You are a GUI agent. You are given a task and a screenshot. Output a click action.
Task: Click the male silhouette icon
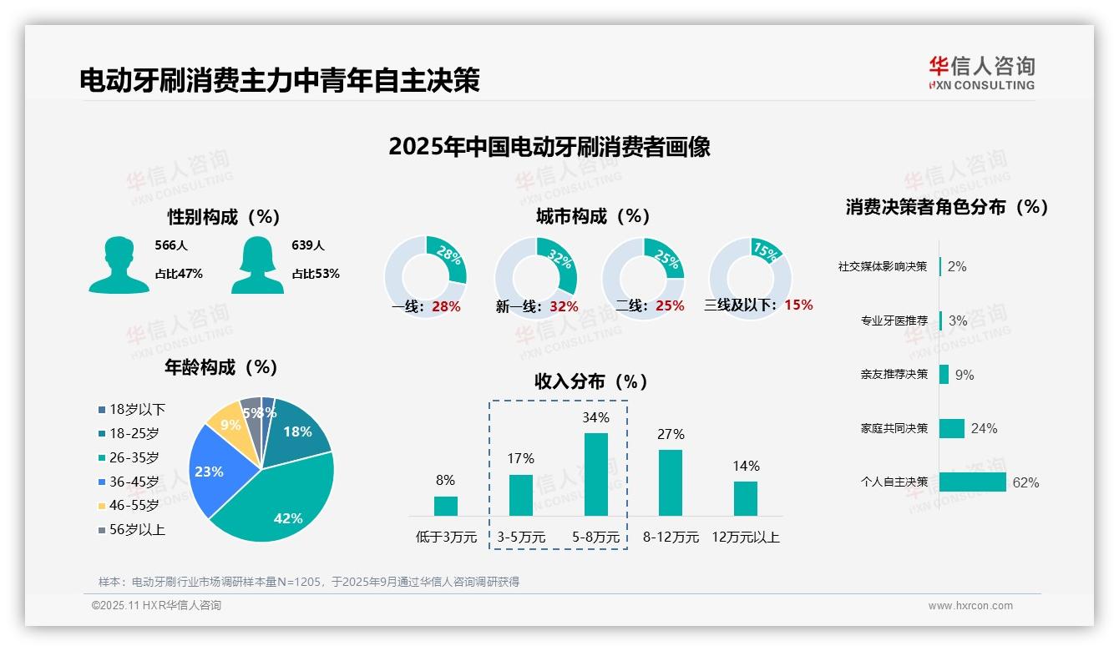(x=119, y=265)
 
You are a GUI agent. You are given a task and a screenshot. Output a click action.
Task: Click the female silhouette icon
(x=257, y=265)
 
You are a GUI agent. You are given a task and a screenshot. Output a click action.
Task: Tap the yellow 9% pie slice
(x=225, y=425)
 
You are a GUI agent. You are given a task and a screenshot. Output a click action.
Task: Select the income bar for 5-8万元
(x=595, y=474)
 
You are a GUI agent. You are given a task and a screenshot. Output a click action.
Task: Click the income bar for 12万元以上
(x=746, y=498)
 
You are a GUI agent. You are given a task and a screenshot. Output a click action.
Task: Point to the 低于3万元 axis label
(x=445, y=537)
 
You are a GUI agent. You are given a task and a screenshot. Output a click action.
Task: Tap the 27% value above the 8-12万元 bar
(x=671, y=434)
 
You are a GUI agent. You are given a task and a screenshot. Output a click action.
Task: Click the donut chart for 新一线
(x=535, y=278)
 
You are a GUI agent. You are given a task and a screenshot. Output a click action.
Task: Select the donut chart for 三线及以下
(x=749, y=278)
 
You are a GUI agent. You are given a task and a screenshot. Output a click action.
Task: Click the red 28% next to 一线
(x=446, y=306)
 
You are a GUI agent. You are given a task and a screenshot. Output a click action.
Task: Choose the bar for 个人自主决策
(x=973, y=482)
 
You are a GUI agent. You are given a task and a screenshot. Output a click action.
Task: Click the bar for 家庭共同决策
(x=952, y=428)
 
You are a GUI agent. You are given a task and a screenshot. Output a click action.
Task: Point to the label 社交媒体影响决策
(x=883, y=266)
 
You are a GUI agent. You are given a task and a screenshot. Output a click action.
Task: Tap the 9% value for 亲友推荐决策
(x=965, y=375)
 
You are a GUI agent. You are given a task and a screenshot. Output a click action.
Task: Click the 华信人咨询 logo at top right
(x=981, y=73)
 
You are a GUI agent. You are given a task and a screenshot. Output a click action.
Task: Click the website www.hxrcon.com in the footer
(x=970, y=606)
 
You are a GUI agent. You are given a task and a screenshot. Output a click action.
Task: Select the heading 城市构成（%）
(x=593, y=216)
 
